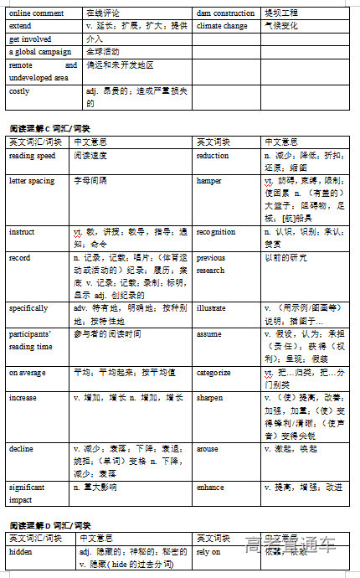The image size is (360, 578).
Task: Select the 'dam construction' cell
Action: click(225, 13)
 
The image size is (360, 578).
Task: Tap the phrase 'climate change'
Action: click(222, 26)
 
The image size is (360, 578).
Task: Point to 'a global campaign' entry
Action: click(36, 51)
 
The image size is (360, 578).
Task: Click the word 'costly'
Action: click(19, 91)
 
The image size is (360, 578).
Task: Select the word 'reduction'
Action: click(213, 156)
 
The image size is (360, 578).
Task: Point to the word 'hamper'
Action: click(209, 181)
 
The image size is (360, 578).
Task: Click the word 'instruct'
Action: click(22, 231)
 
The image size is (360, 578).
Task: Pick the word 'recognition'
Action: click(216, 231)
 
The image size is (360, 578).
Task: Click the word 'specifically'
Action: click(28, 308)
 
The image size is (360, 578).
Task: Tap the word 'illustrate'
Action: click(211, 308)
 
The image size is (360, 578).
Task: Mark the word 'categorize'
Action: click(213, 373)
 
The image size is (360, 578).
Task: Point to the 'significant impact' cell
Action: click(27, 493)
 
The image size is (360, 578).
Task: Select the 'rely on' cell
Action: click(208, 553)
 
